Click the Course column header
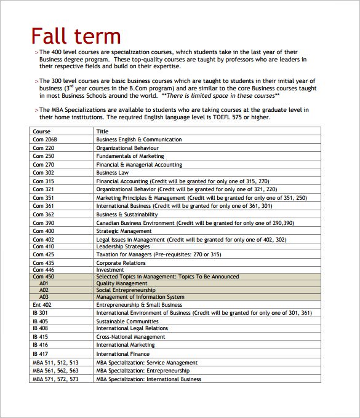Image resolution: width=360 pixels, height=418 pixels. click(x=42, y=131)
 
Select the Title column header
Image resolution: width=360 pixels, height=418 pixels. click(x=102, y=131)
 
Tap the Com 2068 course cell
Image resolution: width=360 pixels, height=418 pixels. click(x=45, y=140)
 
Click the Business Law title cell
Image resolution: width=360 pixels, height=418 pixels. click(x=112, y=173)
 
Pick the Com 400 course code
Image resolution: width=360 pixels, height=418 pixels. click(x=43, y=231)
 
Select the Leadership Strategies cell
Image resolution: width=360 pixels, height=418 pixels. click(x=122, y=246)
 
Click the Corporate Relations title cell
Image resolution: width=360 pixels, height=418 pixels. click(x=121, y=262)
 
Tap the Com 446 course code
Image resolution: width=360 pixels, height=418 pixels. click(x=43, y=270)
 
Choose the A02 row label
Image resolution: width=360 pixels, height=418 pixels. click(x=44, y=290)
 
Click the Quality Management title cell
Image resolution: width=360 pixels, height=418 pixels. click(x=122, y=283)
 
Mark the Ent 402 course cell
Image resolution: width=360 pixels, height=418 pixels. click(x=42, y=304)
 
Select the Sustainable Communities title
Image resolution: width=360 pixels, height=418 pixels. click(x=127, y=321)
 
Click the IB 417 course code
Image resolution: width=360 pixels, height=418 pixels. click(x=40, y=354)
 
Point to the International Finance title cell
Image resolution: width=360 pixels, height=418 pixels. click(x=122, y=354)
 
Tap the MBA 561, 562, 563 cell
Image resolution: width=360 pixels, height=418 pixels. click(x=55, y=371)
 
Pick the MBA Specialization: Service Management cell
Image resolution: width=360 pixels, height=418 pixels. click(x=146, y=363)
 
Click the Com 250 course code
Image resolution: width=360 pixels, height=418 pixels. click(x=43, y=156)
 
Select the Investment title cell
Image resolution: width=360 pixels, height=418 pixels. click(x=110, y=270)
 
